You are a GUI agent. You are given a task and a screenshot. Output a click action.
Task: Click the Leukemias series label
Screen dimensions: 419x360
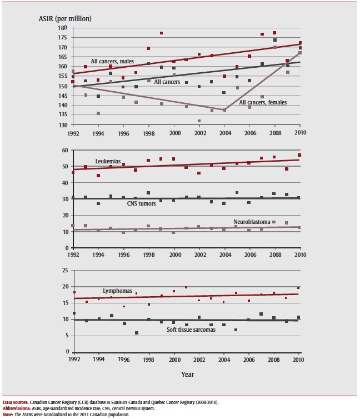coord(108,161)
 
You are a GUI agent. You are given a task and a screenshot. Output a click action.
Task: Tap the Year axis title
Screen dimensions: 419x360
coord(187,374)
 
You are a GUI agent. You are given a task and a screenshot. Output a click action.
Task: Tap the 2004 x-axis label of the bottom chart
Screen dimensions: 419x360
coord(224,359)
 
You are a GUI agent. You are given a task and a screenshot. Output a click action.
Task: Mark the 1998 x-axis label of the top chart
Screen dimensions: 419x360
coord(148,133)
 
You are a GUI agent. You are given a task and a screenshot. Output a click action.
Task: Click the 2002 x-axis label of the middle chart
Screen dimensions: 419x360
coord(199,255)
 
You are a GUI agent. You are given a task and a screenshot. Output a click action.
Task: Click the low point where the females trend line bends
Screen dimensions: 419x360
coord(224,110)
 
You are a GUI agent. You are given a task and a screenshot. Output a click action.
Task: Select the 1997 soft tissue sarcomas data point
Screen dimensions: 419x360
coord(137,333)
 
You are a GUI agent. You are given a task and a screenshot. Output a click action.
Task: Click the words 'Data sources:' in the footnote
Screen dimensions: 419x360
coord(16,401)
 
